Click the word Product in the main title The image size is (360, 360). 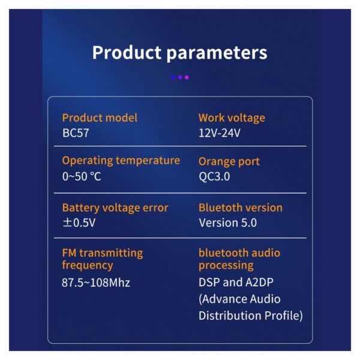click(127, 53)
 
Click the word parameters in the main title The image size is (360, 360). click(217, 54)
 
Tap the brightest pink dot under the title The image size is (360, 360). click(187, 77)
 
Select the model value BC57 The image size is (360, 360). click(76, 133)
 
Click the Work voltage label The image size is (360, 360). click(232, 118)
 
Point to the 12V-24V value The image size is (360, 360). click(220, 133)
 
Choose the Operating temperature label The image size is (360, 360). click(121, 161)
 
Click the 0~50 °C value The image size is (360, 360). click(82, 176)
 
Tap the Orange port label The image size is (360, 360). click(229, 161)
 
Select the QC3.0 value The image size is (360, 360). click(214, 176)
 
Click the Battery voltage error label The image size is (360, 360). click(115, 208)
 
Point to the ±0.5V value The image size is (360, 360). click(79, 223)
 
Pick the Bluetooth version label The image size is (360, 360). click(241, 208)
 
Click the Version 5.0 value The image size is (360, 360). click(228, 223)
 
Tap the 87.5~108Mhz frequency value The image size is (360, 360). click(96, 283)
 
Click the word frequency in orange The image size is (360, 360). click(88, 266)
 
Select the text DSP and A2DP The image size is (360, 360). click(236, 282)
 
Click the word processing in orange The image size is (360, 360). click(226, 266)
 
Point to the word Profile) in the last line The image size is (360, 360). click(284, 316)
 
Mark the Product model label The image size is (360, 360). click(100, 118)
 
